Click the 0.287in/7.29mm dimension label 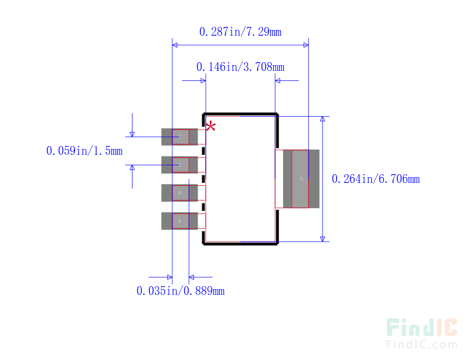point(240,32)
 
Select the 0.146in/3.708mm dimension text point(240,67)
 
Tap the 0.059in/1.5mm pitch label point(84,151)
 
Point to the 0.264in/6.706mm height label point(375,179)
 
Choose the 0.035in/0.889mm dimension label point(180,291)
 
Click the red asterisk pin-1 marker point(210,126)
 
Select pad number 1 point(180,137)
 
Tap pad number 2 point(180,165)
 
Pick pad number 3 point(180,193)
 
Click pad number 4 point(180,221)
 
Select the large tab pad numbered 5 point(301,179)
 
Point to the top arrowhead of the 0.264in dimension point(322,120)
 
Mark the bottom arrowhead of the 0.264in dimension point(322,237)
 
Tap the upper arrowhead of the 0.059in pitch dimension point(132,134)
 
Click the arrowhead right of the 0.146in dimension point(279,81)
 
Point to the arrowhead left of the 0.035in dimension point(168,277)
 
